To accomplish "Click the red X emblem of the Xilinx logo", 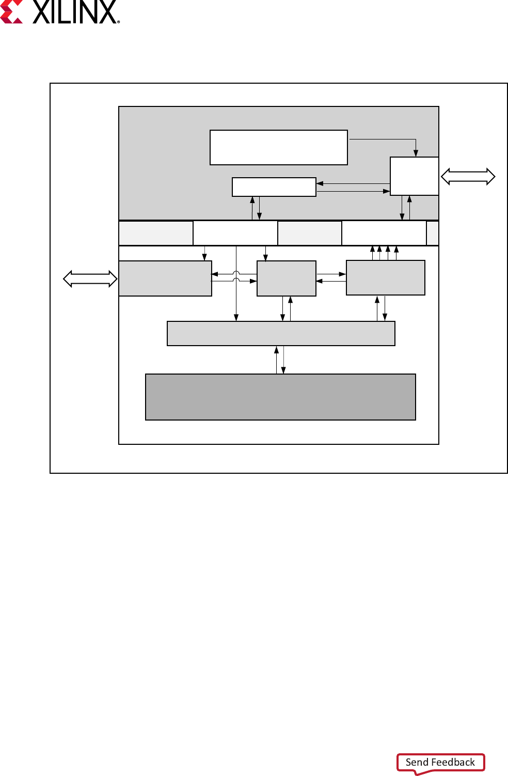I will click(x=11, y=12).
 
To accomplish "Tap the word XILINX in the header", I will click(x=74, y=12).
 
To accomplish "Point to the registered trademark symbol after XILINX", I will click(x=119, y=22).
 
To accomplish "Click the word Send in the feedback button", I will click(x=417, y=762).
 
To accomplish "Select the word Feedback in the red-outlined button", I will click(x=453, y=762).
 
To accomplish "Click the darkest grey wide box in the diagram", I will click(x=280, y=397).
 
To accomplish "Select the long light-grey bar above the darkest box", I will click(x=281, y=333).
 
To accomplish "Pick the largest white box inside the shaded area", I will click(x=279, y=147).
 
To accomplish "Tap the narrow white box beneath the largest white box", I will click(x=274, y=187).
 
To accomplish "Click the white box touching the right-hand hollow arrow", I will click(x=415, y=176).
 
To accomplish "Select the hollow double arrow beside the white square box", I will click(x=468, y=177).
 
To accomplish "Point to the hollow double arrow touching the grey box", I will click(x=90, y=279).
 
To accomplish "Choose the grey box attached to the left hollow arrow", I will click(x=165, y=278).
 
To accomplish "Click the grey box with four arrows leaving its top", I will click(x=386, y=278).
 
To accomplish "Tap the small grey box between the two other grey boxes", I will click(x=287, y=278).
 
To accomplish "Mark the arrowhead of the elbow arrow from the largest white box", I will click(x=416, y=153).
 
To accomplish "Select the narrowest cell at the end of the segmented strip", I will click(x=433, y=233).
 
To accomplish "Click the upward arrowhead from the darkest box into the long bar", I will click(x=277, y=350).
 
